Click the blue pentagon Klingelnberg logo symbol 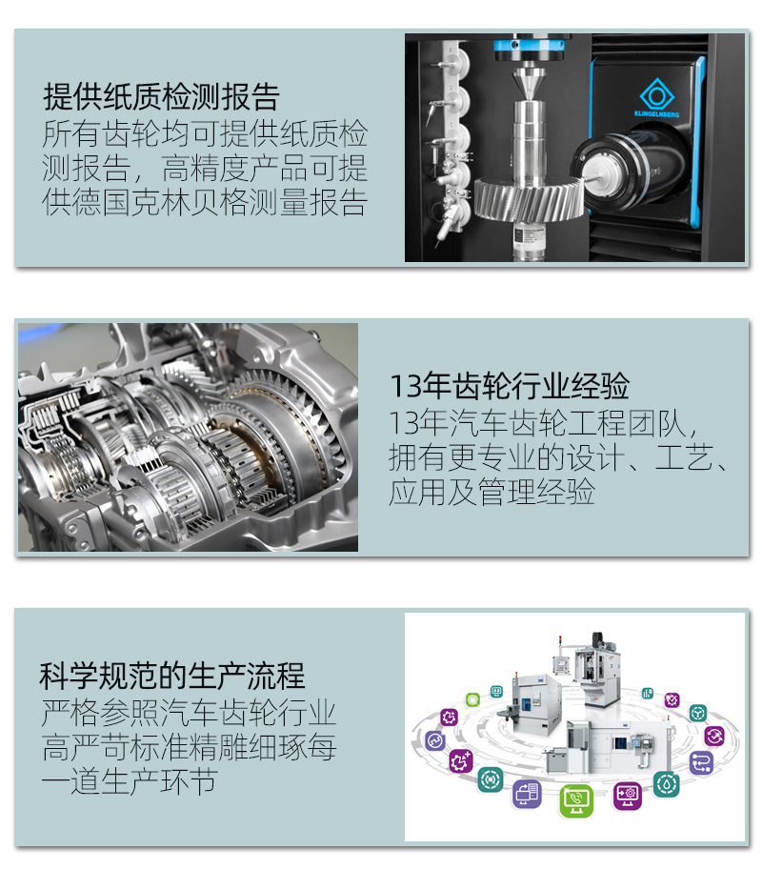[x=656, y=94]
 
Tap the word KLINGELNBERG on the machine [x=656, y=114]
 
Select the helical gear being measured [x=529, y=198]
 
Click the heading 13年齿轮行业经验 [x=510, y=386]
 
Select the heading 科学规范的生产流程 [x=172, y=676]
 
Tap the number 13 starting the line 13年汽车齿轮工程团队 [x=403, y=423]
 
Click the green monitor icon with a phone [x=575, y=800]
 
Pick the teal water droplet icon [x=666, y=784]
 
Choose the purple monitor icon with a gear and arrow [x=628, y=796]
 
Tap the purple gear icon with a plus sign [x=461, y=761]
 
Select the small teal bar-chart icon [x=647, y=694]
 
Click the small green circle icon [x=472, y=699]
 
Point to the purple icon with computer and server [x=527, y=793]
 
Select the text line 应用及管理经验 [x=491, y=492]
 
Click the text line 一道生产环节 [x=129, y=781]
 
